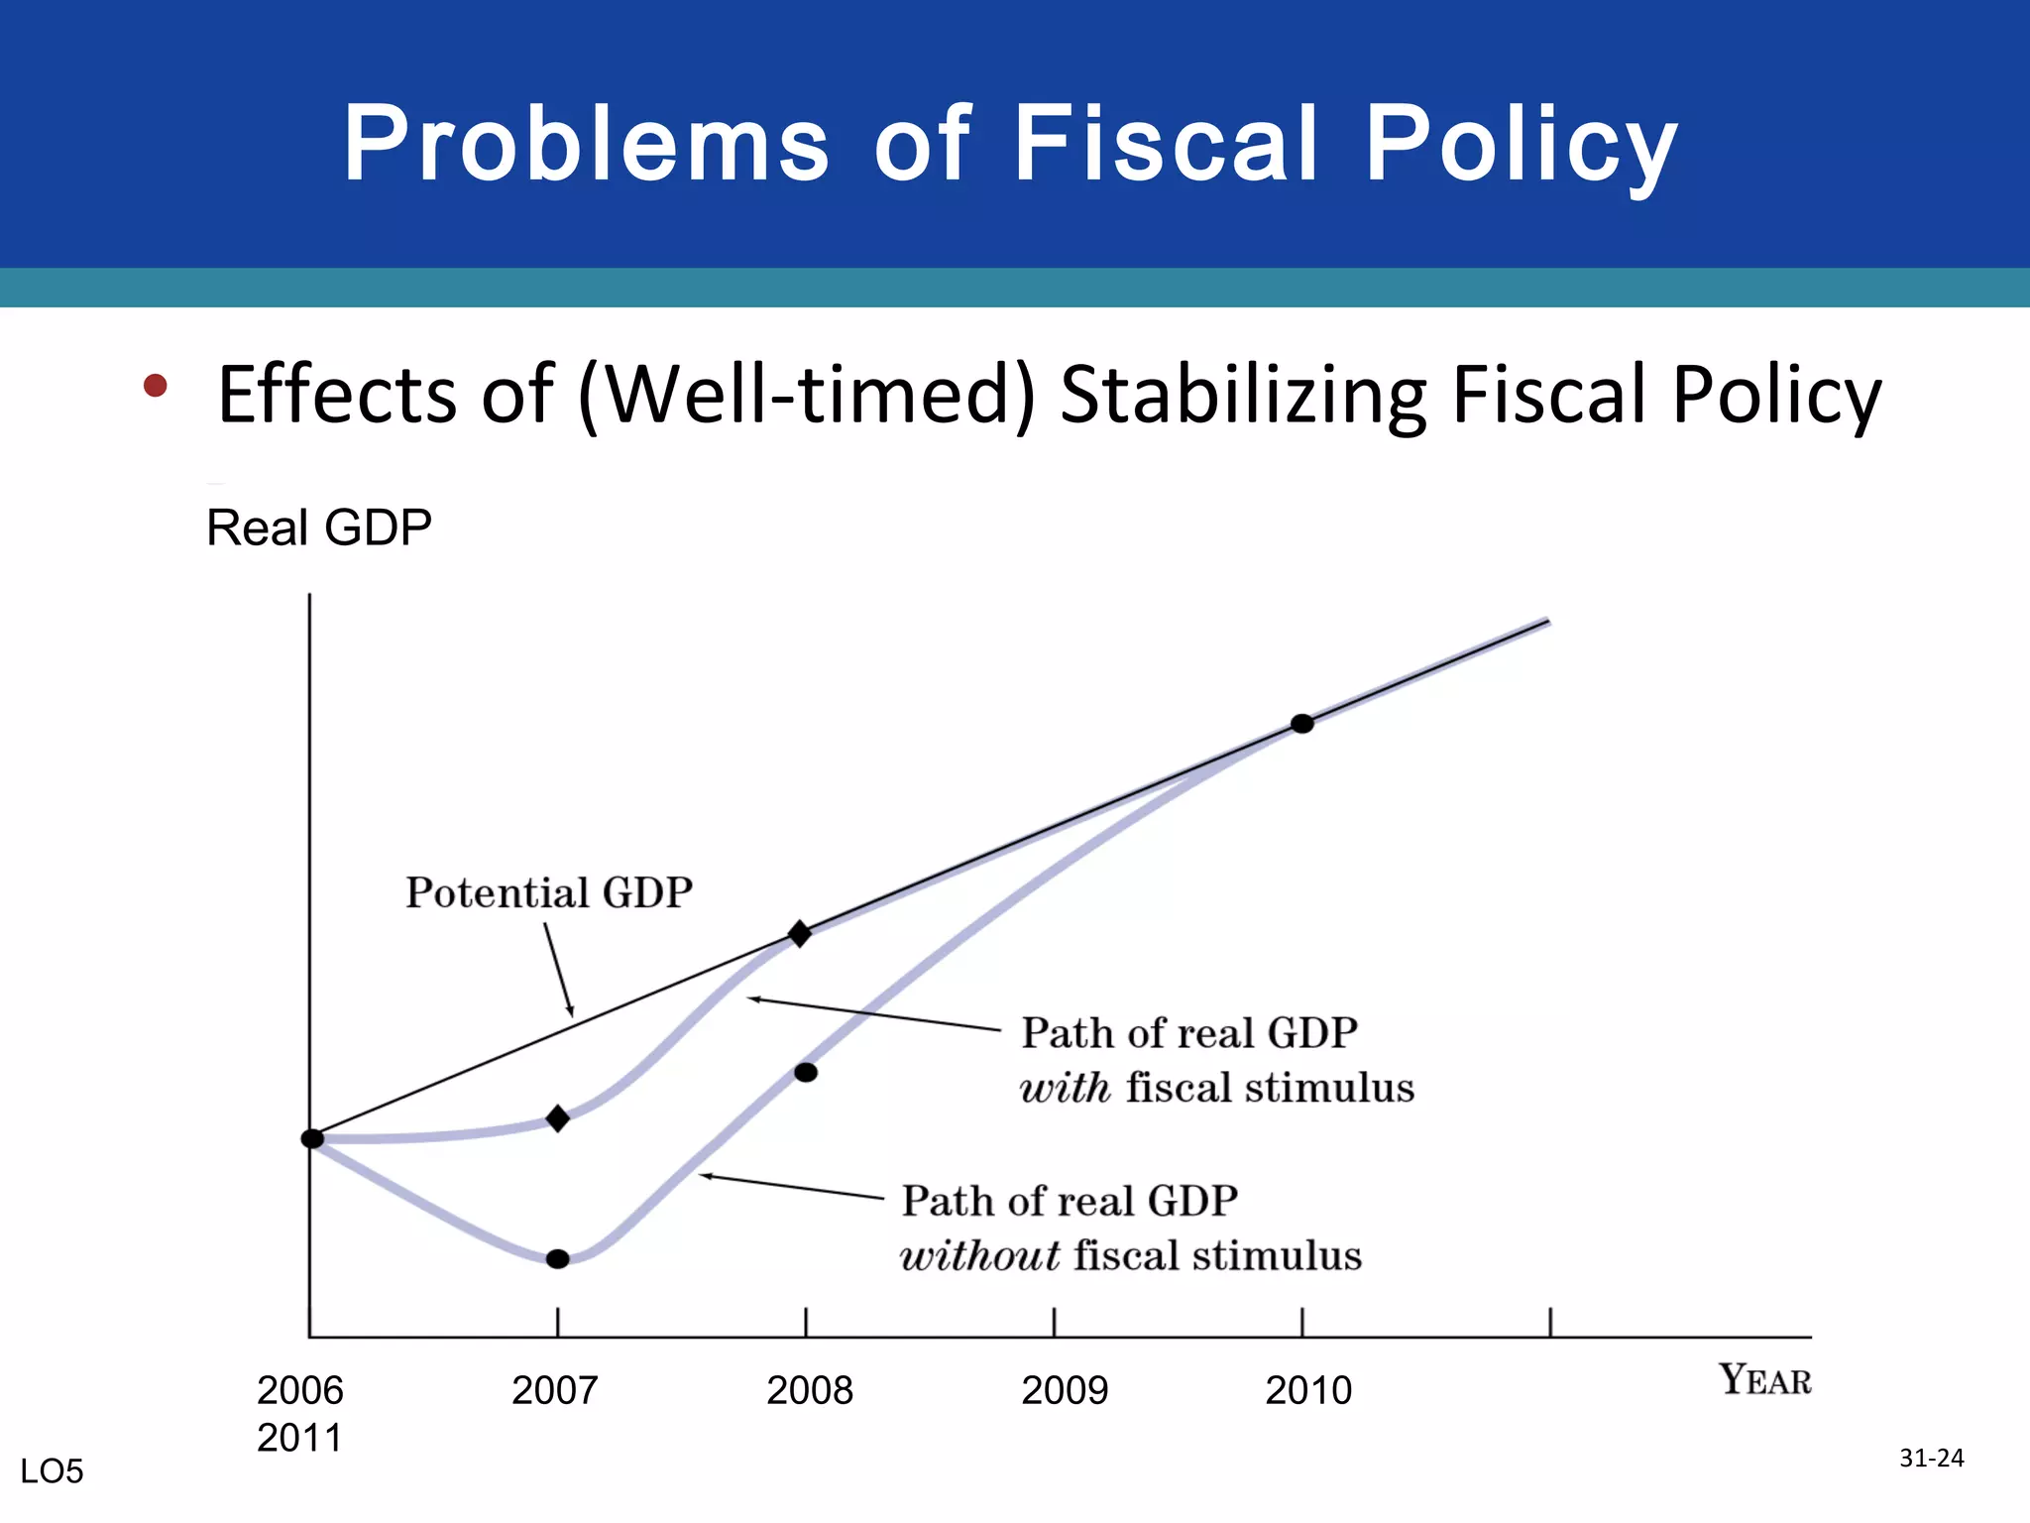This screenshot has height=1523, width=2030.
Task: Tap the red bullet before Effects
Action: pos(155,385)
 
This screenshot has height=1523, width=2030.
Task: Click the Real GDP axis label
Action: pos(318,527)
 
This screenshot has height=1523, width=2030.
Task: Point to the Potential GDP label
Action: pos(548,893)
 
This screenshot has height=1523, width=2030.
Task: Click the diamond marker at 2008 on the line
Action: pos(800,933)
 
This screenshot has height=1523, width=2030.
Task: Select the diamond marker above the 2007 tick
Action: pos(558,1118)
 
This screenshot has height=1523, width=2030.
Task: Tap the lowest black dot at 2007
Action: pos(558,1259)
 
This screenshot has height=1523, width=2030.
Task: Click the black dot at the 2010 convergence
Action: pos(1302,724)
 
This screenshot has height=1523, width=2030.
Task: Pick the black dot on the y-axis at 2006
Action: pos(312,1138)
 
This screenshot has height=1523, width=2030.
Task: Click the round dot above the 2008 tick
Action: pos(806,1072)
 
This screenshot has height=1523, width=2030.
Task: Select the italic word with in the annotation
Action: pos(1065,1089)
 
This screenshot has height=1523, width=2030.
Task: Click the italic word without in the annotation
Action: pos(979,1256)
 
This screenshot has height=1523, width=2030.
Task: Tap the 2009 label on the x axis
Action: pos(1065,1390)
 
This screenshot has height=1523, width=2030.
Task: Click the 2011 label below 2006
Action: pos(299,1438)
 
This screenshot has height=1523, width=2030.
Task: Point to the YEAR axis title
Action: pos(1764,1379)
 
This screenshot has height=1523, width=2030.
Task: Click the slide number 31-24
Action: pos(1931,1458)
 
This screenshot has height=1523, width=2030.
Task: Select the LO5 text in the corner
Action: pos(52,1471)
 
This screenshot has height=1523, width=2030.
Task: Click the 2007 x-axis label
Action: pos(554,1390)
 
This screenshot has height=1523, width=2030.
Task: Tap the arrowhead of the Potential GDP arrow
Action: pos(571,1013)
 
